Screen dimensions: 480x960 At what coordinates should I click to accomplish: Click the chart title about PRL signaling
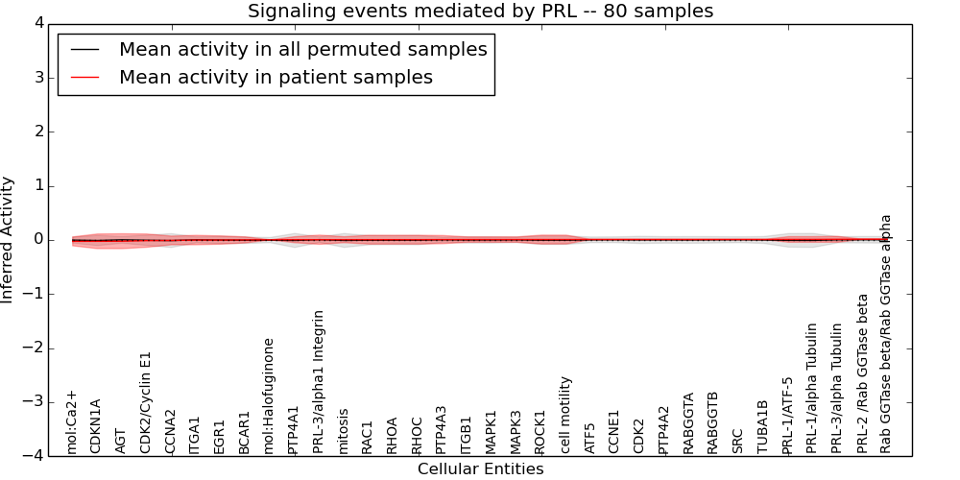[x=480, y=12]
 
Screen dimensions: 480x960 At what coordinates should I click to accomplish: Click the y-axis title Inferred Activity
[x=8, y=240]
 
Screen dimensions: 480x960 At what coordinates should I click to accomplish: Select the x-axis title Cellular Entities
[x=480, y=469]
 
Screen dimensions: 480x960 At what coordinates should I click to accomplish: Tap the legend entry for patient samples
[x=276, y=78]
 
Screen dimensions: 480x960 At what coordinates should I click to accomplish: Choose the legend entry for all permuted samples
[x=302, y=50]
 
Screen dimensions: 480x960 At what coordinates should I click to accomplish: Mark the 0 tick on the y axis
[x=40, y=240]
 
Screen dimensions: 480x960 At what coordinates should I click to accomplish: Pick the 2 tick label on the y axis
[x=40, y=132]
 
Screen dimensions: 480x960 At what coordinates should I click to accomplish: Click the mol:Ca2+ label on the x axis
[x=72, y=421]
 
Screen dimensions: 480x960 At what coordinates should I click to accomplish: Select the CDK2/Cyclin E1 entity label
[x=146, y=401]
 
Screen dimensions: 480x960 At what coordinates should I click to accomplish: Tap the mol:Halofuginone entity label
[x=270, y=395]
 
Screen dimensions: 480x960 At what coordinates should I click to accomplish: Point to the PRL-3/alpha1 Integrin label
[x=319, y=381]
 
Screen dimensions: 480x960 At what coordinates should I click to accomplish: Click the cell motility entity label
[x=566, y=414]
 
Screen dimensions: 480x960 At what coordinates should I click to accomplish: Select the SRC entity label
[x=738, y=440]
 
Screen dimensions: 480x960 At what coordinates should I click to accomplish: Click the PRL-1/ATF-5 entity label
[x=788, y=414]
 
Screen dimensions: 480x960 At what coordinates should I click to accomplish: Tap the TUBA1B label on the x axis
[x=763, y=426]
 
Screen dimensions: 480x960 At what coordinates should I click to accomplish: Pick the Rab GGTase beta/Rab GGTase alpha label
[x=886, y=333]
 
